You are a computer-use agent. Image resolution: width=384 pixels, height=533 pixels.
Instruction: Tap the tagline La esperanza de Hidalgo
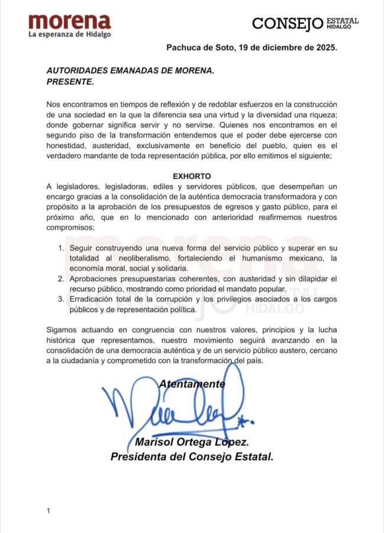[x=70, y=34]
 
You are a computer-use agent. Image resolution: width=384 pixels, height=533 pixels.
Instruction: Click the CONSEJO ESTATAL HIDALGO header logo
[x=305, y=23]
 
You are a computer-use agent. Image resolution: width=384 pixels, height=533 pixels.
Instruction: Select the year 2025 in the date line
[x=325, y=49]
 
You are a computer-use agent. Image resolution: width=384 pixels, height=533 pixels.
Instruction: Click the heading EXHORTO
[x=192, y=176]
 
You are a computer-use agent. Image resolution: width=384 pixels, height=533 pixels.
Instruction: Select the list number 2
[x=62, y=278]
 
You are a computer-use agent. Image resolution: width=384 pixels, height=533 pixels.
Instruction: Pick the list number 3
[x=62, y=299]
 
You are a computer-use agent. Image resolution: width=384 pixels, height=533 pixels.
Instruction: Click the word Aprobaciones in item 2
[x=96, y=278]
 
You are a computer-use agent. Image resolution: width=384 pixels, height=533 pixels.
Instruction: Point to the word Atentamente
[x=192, y=384]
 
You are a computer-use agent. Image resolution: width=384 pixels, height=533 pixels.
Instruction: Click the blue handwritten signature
[x=178, y=409]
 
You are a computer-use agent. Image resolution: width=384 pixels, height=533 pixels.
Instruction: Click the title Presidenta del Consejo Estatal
[x=192, y=457]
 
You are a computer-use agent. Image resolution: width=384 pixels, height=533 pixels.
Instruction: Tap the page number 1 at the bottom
[x=48, y=510]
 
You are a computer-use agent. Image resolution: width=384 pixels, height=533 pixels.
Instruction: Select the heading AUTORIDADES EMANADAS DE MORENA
[x=130, y=70]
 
